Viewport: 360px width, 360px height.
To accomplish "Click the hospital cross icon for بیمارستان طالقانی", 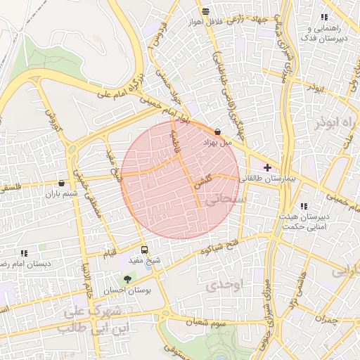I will coord(266,167).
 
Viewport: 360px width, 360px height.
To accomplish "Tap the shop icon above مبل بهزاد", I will coord(217,131).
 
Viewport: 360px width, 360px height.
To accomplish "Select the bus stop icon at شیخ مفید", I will coord(145,250).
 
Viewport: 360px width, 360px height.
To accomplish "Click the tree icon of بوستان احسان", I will coord(127,279).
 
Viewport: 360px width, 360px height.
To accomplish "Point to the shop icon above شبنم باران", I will coord(61,184).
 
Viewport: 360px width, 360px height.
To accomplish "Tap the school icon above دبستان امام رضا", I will coord(24,252).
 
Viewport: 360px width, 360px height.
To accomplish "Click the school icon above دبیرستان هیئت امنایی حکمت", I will coord(304,206).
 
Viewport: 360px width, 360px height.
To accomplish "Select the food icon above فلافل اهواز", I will coord(205,11).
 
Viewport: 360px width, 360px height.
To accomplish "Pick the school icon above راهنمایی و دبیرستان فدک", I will coord(323,17).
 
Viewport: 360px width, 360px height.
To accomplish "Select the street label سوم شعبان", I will coord(206,321).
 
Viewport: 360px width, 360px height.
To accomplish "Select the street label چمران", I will coord(327,319).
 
